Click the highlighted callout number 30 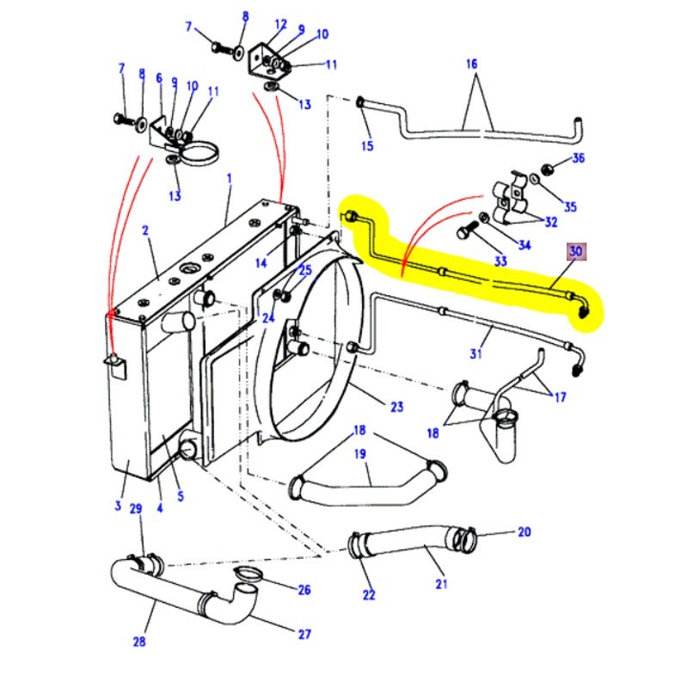575,252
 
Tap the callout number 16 471,64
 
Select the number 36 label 578,157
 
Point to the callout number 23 396,408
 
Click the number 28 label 139,641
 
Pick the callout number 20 525,532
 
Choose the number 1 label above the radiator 230,178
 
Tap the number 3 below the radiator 118,506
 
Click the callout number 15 367,146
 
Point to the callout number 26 304,590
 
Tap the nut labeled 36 546,166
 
